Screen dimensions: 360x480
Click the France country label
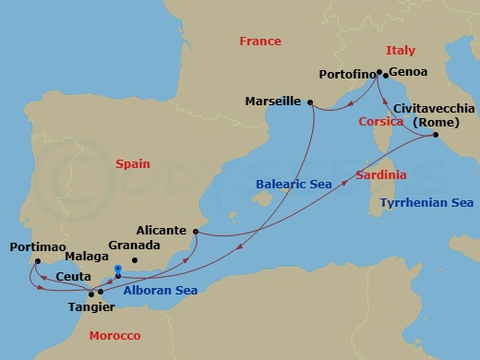[x=259, y=42]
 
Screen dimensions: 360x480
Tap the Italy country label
[x=400, y=51]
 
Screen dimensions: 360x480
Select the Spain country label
[x=132, y=163]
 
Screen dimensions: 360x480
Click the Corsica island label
[x=381, y=122]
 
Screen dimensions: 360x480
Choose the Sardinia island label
[x=381, y=175]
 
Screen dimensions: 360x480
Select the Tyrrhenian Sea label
[x=426, y=203]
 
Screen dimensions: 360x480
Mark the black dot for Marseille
[x=310, y=102]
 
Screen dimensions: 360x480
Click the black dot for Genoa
[x=385, y=75]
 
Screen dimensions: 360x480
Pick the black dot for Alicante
[x=196, y=232]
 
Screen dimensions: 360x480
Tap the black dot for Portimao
[x=37, y=261]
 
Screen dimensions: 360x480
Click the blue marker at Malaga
[x=118, y=270]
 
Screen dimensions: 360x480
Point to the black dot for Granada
[x=134, y=261]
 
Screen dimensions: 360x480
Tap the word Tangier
[x=91, y=306]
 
